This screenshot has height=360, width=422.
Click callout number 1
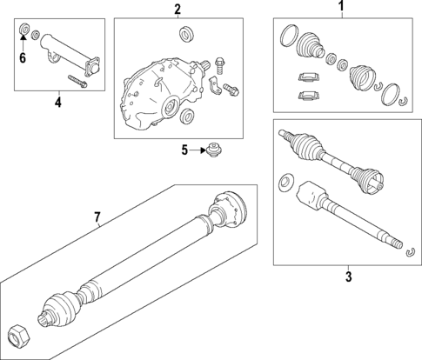pos(342,5)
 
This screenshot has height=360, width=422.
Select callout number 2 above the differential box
pos(178,10)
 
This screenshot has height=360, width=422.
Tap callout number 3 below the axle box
pos(349,277)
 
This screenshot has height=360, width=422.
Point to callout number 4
pos(58,102)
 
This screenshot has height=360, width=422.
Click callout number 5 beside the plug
pos(184,150)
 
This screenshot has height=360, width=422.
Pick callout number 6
pos(23,58)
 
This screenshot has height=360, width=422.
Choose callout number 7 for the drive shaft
pos(97,217)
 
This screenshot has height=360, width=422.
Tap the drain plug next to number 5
pos(214,150)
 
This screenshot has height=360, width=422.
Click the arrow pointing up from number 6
pos(23,43)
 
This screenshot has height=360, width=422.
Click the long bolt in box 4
pos(77,81)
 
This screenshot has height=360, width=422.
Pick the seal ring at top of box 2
pos(185,34)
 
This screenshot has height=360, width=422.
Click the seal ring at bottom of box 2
pos(186,117)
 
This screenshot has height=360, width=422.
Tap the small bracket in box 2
pos(214,85)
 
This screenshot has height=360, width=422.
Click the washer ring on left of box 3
pos(285,183)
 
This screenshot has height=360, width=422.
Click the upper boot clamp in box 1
pos(309,77)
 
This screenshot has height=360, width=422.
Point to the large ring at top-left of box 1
pos(289,36)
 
